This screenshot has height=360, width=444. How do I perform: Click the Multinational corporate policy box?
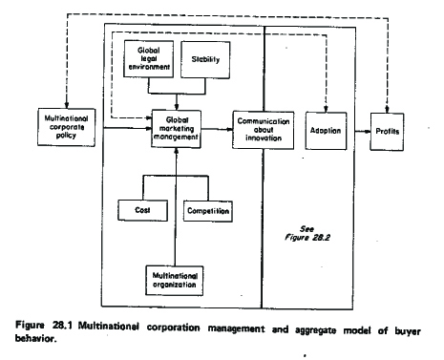point(66,127)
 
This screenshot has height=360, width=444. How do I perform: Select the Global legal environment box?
point(149,59)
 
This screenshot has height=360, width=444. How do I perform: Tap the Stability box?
point(205,59)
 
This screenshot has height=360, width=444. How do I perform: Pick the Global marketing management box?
point(177,129)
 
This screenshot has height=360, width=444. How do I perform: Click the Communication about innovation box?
point(264,130)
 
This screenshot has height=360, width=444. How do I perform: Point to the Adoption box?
point(326,131)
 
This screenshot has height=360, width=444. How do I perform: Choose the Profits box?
point(387,132)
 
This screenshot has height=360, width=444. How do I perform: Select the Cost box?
point(142,210)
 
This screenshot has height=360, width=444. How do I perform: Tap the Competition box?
point(208,211)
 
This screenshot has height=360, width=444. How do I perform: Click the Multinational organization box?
point(175,281)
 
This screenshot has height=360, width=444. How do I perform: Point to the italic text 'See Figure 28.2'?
point(307,233)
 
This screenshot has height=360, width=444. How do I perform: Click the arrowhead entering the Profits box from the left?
point(368,132)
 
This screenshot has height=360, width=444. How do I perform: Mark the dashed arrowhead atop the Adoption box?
point(326,109)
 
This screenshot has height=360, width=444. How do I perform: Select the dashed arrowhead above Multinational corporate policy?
point(67,105)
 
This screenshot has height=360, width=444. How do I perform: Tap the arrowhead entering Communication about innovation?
point(229,129)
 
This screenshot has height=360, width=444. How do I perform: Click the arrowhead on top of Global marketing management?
point(177,107)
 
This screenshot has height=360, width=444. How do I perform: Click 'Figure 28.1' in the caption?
point(44,325)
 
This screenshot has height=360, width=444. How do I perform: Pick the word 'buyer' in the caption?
point(408,331)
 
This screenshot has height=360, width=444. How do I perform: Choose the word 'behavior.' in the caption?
point(35,338)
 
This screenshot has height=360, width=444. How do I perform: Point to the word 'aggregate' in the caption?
point(315,330)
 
